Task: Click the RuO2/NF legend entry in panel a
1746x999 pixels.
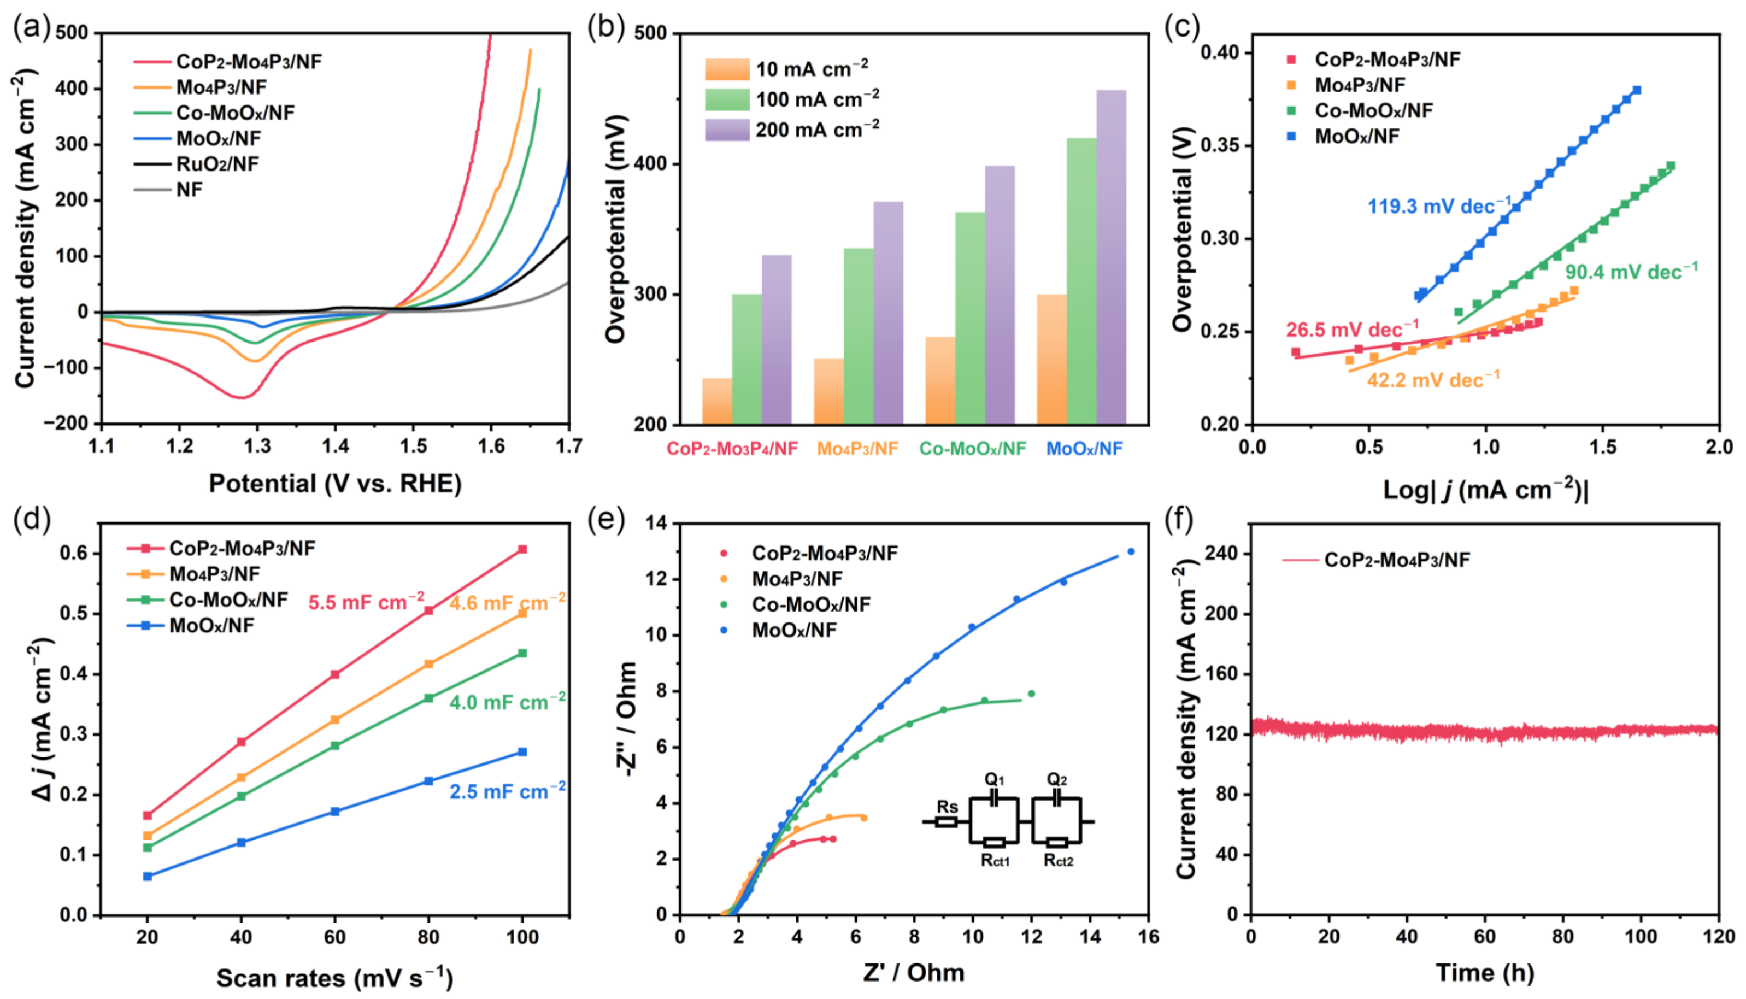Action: coord(217,164)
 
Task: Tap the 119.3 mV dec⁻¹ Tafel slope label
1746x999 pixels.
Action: coord(1438,206)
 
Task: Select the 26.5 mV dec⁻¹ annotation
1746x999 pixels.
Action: coord(1351,330)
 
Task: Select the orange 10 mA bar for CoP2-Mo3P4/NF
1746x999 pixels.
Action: coord(717,401)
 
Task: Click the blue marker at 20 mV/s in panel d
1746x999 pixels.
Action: coord(148,876)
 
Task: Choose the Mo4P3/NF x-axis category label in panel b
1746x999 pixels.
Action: coord(857,449)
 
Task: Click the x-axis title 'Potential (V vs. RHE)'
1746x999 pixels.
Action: coord(335,484)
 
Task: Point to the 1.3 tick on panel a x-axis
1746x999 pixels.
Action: coord(257,446)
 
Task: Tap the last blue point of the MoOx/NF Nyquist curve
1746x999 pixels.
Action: coord(1131,551)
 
